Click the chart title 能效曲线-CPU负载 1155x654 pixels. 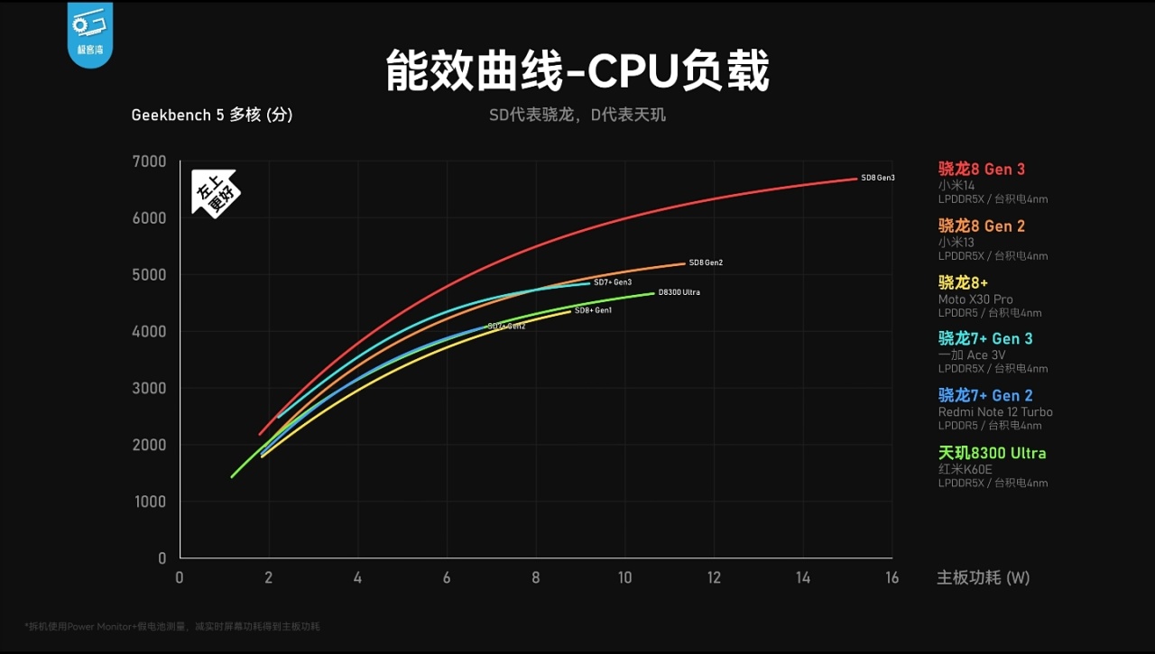[x=577, y=71]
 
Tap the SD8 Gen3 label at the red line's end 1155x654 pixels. [x=877, y=178]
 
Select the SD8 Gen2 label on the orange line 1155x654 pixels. [x=706, y=263]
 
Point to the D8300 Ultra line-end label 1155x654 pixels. [x=679, y=292]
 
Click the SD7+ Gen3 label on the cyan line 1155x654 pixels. [x=612, y=282]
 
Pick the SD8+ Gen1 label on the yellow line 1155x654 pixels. [x=593, y=310]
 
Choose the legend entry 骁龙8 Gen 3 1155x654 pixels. [x=982, y=169]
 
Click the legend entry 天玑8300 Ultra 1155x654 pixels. [x=992, y=453]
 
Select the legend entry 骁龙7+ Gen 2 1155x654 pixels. [x=985, y=395]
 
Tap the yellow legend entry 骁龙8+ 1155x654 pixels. [x=963, y=282]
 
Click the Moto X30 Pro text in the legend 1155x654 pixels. [x=975, y=299]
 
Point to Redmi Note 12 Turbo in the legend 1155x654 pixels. [x=995, y=412]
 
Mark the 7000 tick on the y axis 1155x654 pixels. [x=150, y=161]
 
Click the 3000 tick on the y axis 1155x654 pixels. [x=150, y=388]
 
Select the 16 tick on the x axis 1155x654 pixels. [x=892, y=578]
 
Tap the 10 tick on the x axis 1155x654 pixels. [x=624, y=578]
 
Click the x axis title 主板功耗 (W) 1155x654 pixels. [x=983, y=578]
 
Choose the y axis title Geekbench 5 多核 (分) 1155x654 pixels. [x=212, y=115]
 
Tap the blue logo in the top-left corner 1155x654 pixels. [x=90, y=34]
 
